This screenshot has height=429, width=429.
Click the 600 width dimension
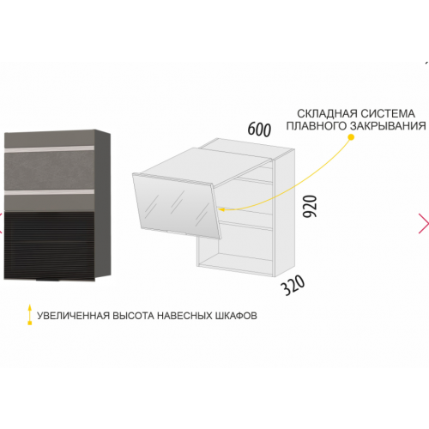259,130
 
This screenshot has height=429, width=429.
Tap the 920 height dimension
310,206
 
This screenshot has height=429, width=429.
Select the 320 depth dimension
293,285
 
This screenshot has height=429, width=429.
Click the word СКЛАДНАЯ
327,114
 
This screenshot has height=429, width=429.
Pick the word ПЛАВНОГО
317,126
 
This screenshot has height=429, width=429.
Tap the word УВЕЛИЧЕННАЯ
74,316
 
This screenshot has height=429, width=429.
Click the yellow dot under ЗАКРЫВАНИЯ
352,137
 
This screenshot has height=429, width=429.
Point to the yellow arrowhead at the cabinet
221,209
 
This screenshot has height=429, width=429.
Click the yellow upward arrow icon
29,315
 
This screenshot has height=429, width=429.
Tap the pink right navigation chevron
424,223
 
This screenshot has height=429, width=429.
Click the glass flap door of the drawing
177,205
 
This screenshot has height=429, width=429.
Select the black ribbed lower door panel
49,245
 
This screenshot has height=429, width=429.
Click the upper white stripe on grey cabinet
49,148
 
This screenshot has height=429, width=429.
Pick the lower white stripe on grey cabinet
49,191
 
